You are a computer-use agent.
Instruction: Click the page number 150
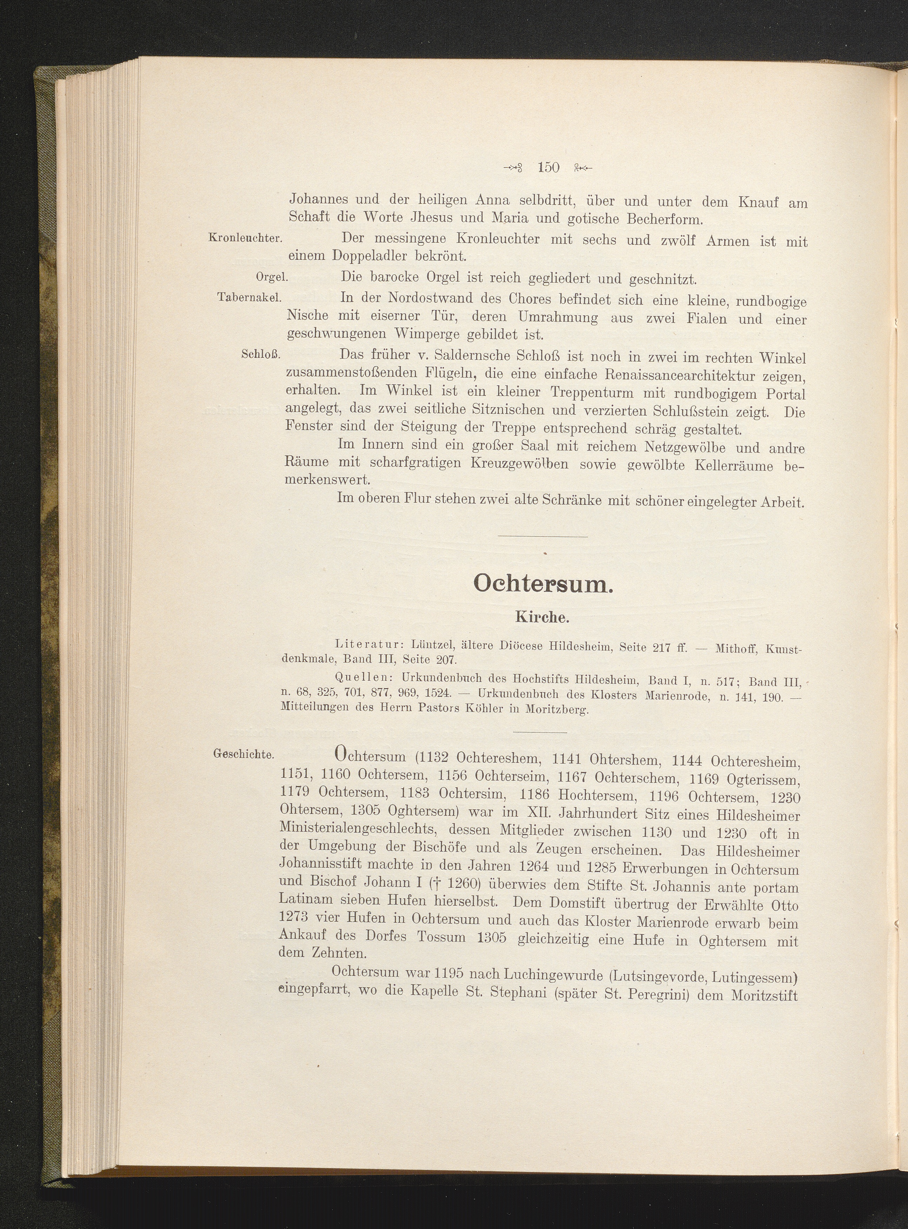pyautogui.click(x=548, y=167)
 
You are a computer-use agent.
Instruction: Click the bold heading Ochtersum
pyautogui.click(x=542, y=584)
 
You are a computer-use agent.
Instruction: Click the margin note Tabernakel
pyautogui.click(x=249, y=297)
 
